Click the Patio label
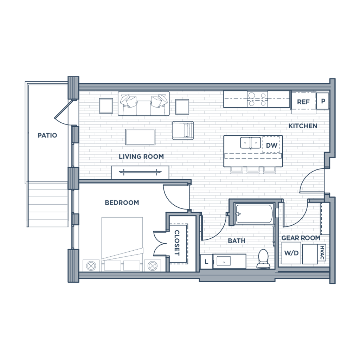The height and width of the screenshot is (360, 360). click(47, 135)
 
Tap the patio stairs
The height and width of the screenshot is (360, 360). click(48, 206)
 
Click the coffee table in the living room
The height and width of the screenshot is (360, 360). click(141, 136)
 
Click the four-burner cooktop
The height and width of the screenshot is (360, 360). click(257, 99)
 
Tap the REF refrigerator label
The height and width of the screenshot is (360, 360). click(303, 102)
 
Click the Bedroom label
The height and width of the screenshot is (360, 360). click(122, 202)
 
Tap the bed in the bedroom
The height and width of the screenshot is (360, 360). click(122, 239)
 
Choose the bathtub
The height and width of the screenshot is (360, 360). click(254, 213)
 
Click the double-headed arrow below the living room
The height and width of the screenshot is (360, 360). click(140, 172)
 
